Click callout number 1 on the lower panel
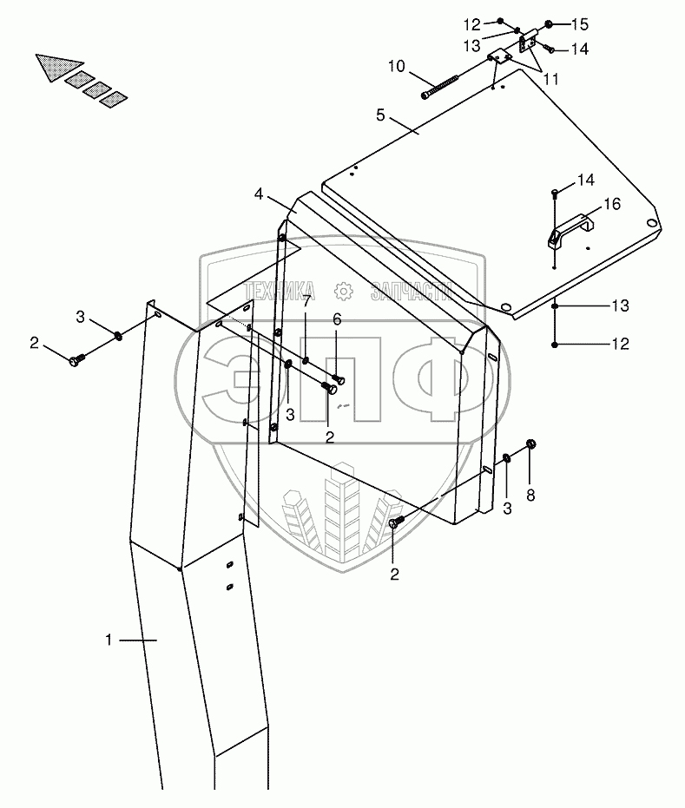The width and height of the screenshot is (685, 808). (x=109, y=640)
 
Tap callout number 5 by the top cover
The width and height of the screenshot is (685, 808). (x=379, y=114)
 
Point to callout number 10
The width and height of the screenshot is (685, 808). (x=396, y=66)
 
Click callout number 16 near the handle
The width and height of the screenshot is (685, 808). (x=612, y=205)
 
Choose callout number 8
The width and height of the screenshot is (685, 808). (x=530, y=496)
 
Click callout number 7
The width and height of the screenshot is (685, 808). (x=306, y=300)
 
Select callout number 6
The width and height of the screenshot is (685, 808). (x=337, y=319)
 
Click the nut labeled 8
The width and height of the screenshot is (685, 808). (x=532, y=445)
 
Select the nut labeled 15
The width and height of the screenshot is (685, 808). (x=549, y=24)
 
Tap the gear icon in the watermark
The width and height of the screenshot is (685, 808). (x=344, y=291)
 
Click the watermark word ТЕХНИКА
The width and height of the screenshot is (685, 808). (x=280, y=292)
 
